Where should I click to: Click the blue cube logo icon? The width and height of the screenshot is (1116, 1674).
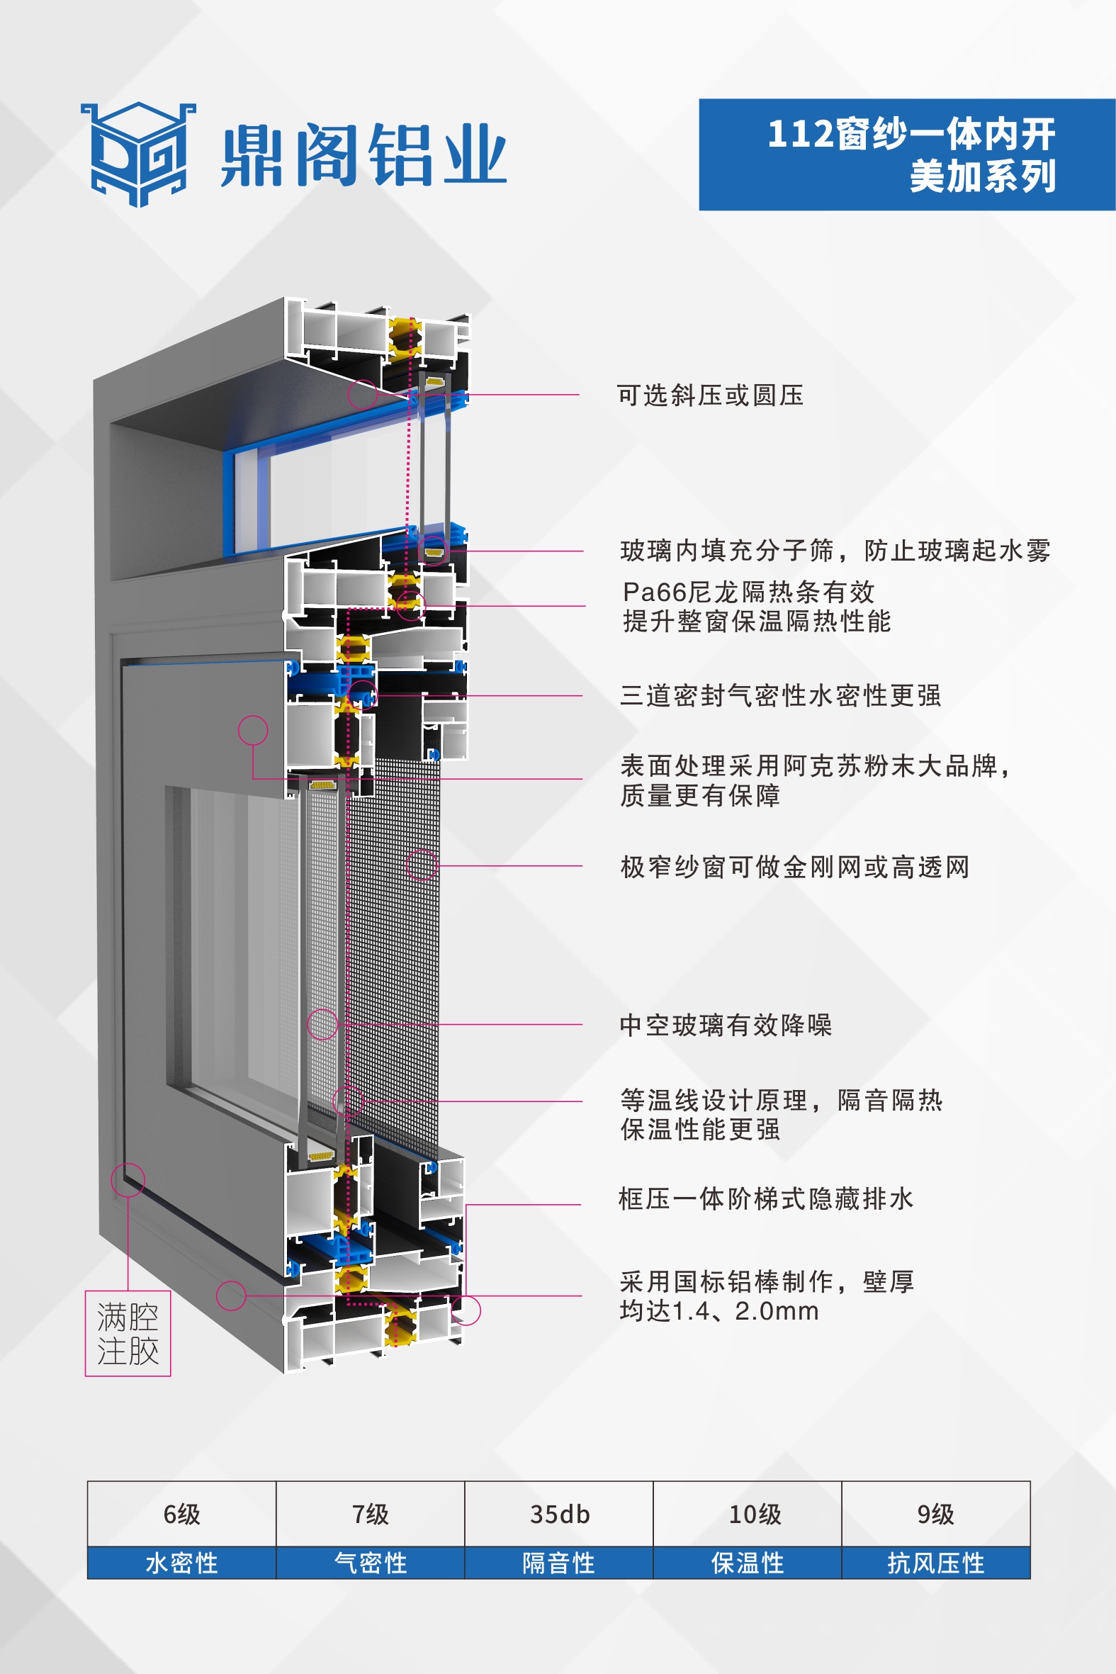pyautogui.click(x=138, y=154)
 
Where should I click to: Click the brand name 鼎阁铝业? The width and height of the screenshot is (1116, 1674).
pyautogui.click(x=363, y=155)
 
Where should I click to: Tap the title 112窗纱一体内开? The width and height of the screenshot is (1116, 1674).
pyautogui.click(x=911, y=134)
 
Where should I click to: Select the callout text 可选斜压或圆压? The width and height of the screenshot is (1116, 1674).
pyautogui.click(x=709, y=395)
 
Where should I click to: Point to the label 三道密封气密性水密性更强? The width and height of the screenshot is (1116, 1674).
pyautogui.click(x=780, y=695)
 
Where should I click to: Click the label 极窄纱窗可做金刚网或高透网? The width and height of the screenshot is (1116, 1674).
pyautogui.click(x=794, y=867)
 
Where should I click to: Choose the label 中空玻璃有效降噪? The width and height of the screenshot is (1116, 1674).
pyautogui.click(x=726, y=1025)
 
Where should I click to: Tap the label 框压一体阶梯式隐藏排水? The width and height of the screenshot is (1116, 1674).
pyautogui.click(x=765, y=1198)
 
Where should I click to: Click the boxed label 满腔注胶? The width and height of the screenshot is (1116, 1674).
pyautogui.click(x=128, y=1334)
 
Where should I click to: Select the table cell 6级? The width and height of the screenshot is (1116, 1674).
pyautogui.click(x=181, y=1514)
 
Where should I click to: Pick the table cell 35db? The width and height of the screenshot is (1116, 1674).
pyautogui.click(x=560, y=1514)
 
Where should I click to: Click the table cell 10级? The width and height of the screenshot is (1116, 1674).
pyautogui.click(x=755, y=1514)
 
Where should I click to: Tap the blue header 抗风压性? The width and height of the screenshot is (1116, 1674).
pyautogui.click(x=936, y=1563)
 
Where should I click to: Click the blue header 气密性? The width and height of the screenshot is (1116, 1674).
pyautogui.click(x=370, y=1563)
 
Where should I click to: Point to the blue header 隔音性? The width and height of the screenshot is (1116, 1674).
pyautogui.click(x=559, y=1563)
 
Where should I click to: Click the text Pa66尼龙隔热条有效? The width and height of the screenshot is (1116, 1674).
pyautogui.click(x=748, y=592)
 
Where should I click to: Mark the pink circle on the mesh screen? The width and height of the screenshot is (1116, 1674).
pyautogui.click(x=422, y=865)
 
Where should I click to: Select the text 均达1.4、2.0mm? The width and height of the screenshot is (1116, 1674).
pyautogui.click(x=719, y=1311)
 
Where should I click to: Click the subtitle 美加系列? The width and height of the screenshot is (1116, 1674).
pyautogui.click(x=982, y=176)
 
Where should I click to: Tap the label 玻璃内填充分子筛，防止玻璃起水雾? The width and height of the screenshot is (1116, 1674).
pyautogui.click(x=835, y=550)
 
